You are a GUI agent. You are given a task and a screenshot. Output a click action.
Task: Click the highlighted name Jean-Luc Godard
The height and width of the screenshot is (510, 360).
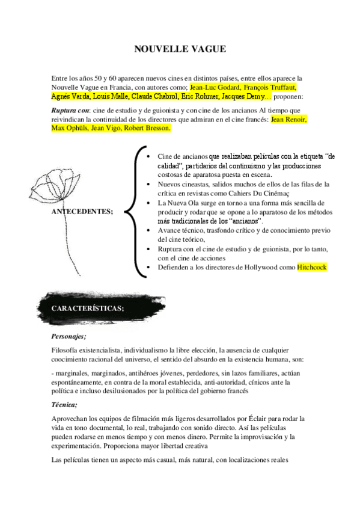coord(213,87)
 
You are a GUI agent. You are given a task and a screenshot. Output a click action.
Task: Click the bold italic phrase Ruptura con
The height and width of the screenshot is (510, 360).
coord(70,111)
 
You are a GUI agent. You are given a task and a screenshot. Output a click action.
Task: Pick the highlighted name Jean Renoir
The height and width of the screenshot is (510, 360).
coord(288,119)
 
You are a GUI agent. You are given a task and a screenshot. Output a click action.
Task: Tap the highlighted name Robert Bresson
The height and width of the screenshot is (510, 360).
coord(147,128)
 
